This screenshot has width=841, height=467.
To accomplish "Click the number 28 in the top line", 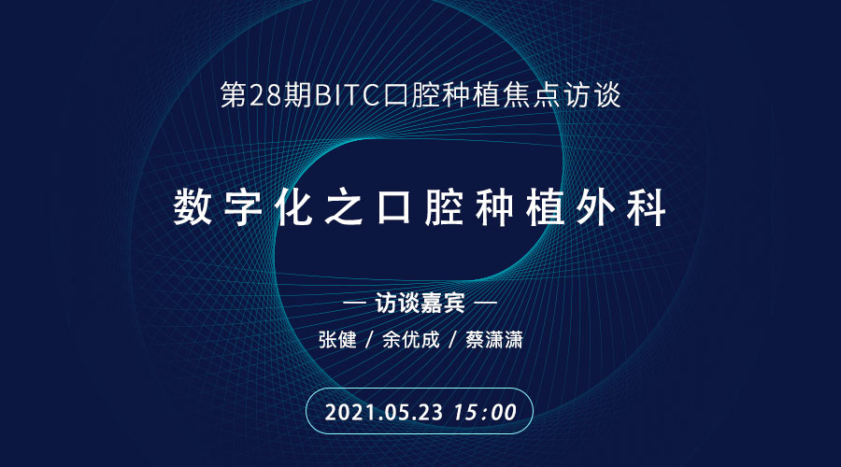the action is coord(264,95).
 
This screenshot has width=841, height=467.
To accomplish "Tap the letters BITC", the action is coord(347,95).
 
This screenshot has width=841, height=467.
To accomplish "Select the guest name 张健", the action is coord(337,339).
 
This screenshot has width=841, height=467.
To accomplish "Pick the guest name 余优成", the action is coord(411,339).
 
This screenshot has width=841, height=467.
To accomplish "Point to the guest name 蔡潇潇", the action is coord(494,339).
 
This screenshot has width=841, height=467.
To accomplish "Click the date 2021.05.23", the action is coord(384,412).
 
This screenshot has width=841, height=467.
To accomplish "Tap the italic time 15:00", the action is coord(485,412).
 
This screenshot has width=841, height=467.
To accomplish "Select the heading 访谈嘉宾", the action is coord(420,303).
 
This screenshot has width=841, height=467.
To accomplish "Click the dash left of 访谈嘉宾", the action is coord(354,303).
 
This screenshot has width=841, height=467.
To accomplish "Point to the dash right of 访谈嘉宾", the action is coord(485,303).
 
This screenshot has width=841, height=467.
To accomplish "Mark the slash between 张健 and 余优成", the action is coord(369,339).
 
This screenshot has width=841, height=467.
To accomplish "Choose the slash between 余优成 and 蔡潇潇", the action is coord(452,339).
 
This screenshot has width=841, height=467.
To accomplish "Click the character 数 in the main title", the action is coord(192,207).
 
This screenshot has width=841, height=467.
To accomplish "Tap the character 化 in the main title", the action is coord(293,207).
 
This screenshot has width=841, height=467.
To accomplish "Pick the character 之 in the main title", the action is coord(344,207).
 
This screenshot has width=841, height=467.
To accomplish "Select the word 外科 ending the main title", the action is coord(621,207).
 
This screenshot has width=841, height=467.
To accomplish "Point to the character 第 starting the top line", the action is coord(234,95).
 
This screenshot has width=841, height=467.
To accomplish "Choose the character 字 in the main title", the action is coord(243,207).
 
